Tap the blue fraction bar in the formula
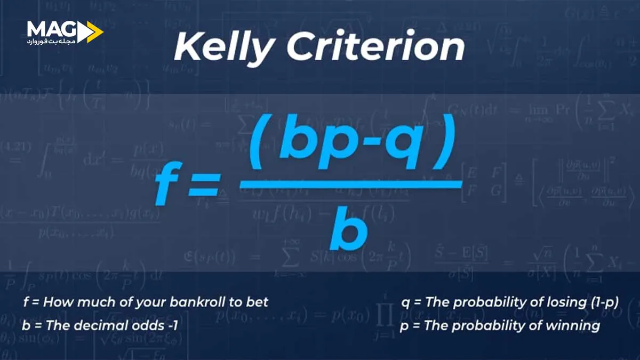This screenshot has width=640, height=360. coord(350,184)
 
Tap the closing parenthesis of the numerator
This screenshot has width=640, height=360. coord(445,143)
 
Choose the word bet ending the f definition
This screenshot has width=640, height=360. coord(258,302)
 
